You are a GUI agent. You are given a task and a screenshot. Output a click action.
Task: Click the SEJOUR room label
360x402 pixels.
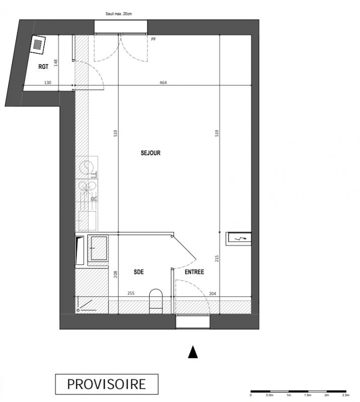click(151, 153)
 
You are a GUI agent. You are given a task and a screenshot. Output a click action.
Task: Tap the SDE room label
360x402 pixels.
click(139, 272)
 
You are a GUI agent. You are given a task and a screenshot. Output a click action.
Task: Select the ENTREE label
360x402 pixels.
click(195, 272)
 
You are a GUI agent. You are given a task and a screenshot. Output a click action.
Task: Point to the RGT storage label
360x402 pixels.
click(43, 67)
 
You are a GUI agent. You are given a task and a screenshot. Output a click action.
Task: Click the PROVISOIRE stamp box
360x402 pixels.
click(107, 384)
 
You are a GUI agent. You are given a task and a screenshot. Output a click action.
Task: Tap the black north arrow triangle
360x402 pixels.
click(193, 352)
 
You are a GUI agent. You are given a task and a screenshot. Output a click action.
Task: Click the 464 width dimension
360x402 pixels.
click(163, 82)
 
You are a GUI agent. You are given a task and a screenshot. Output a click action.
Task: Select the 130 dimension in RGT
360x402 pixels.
click(48, 82)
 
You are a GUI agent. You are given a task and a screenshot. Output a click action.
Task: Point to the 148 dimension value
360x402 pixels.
click(56, 63)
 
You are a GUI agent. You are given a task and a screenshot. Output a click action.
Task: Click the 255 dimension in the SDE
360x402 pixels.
click(131, 293)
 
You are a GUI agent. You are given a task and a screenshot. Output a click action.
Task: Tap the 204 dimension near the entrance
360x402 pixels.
click(213, 294)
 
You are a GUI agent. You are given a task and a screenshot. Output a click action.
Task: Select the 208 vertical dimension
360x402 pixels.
click(116, 274)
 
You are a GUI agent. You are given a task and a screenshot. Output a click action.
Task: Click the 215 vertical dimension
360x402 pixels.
click(217, 258)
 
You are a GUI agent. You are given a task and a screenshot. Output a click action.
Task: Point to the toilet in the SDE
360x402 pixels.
click(156, 301)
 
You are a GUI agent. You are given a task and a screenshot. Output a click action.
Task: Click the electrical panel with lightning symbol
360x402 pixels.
click(238, 239)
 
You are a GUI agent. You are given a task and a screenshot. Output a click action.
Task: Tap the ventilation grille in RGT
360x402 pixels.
click(38, 44)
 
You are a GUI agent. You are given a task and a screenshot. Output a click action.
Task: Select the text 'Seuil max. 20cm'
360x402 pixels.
click(119, 14)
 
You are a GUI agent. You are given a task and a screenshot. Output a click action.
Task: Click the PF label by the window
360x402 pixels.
click(153, 39)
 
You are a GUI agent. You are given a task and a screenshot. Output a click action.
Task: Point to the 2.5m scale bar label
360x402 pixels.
click(345, 395)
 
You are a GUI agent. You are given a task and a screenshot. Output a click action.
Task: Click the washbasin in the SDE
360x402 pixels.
click(99, 248)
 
